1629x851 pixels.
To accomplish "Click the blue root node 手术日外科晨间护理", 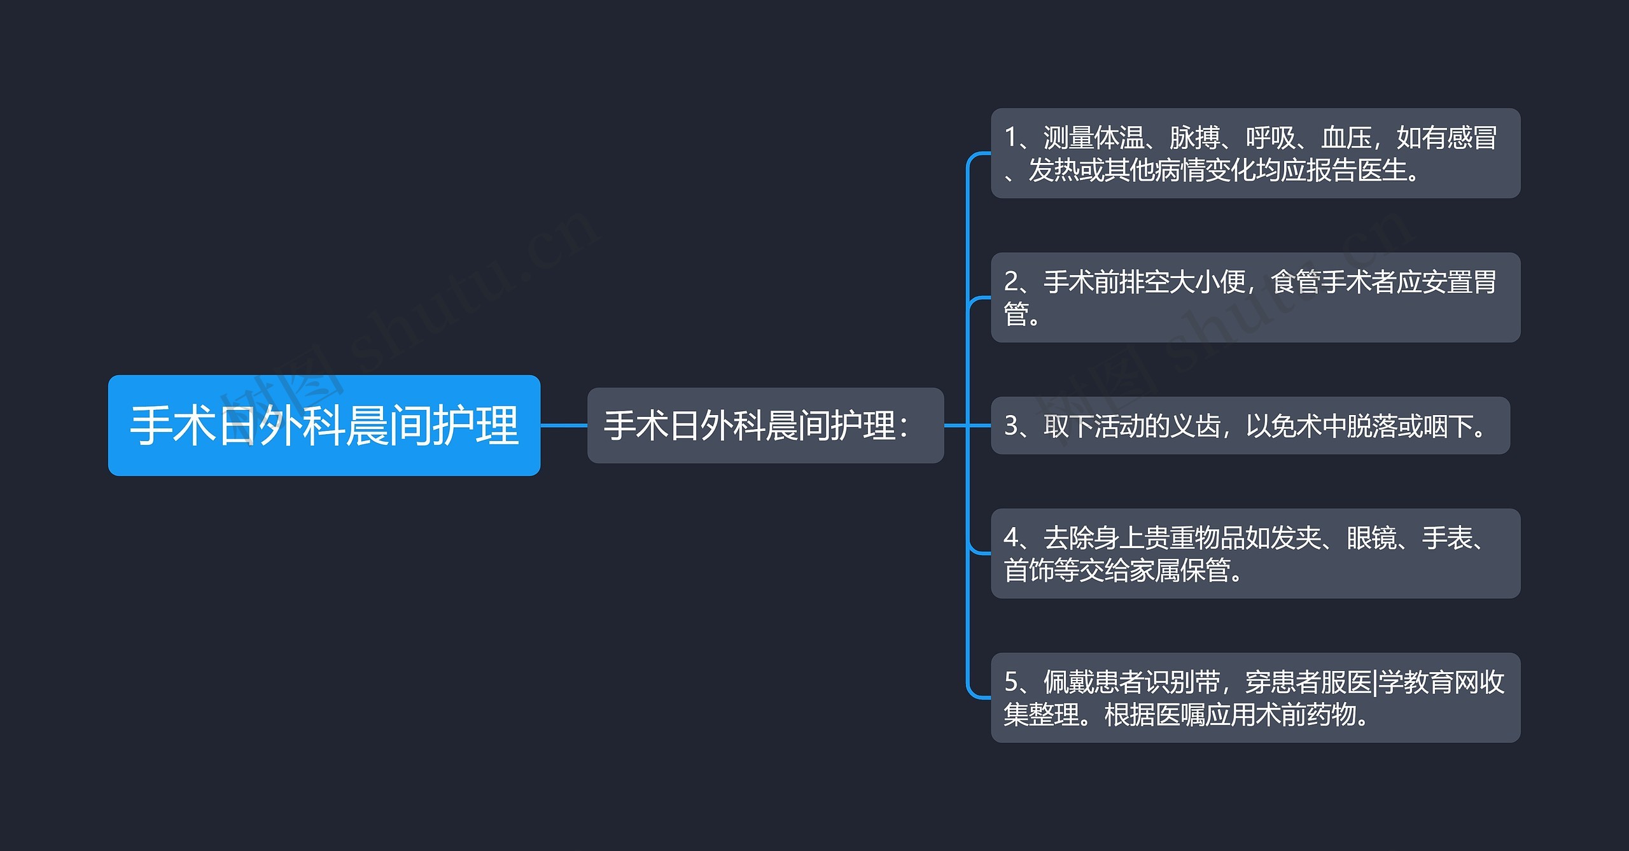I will [x=324, y=425].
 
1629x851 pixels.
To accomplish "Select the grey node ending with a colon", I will [x=765, y=425].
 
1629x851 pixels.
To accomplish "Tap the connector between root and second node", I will [x=563, y=425].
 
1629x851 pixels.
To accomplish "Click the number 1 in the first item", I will [x=1010, y=138].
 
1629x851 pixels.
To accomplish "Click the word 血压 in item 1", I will [x=1346, y=138].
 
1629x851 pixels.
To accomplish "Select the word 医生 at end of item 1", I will [x=1381, y=171].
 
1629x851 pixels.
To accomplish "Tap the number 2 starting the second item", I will [x=1011, y=282].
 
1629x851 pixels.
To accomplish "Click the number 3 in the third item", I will [x=1011, y=426].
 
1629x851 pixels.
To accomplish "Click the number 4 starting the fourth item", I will [x=1011, y=538].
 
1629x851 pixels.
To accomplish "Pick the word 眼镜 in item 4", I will [x=1371, y=538].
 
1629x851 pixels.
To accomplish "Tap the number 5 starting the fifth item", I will [x=1011, y=682].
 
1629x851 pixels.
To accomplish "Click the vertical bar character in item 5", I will [x=1375, y=682].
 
